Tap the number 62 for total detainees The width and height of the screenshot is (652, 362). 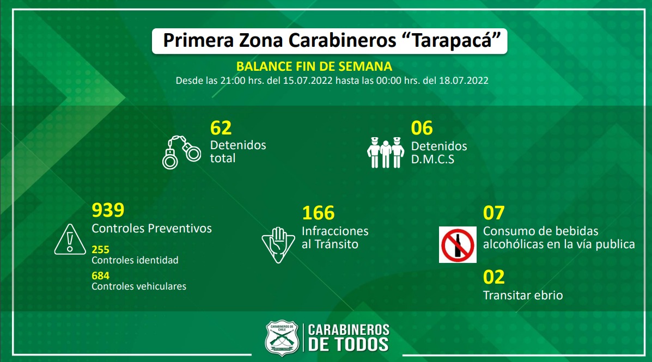(221, 128)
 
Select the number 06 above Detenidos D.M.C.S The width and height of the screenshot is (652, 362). (422, 128)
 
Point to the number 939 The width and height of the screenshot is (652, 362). (108, 210)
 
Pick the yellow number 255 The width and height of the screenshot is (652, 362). (100, 249)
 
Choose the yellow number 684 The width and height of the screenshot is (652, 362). (100, 275)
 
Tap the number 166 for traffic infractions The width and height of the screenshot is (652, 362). (318, 213)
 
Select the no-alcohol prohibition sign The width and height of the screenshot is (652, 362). (458, 244)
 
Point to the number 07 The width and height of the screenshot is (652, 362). (493, 213)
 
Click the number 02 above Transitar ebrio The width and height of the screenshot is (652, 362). (493, 277)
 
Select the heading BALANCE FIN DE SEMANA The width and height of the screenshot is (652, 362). (314, 66)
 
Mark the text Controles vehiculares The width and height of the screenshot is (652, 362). (139, 286)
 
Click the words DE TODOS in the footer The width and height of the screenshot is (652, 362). (349, 344)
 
